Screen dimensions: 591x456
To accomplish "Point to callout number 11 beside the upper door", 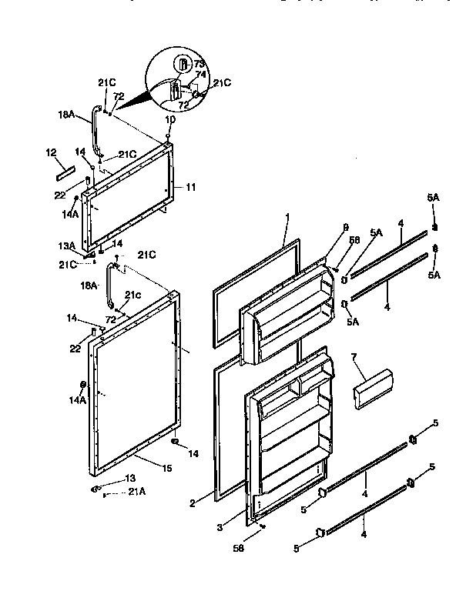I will (x=191, y=186).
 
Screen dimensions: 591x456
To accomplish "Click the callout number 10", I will (x=169, y=119).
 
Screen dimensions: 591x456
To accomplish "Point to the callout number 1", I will (x=286, y=219).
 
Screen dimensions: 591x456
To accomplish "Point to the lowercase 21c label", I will (x=133, y=295).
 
